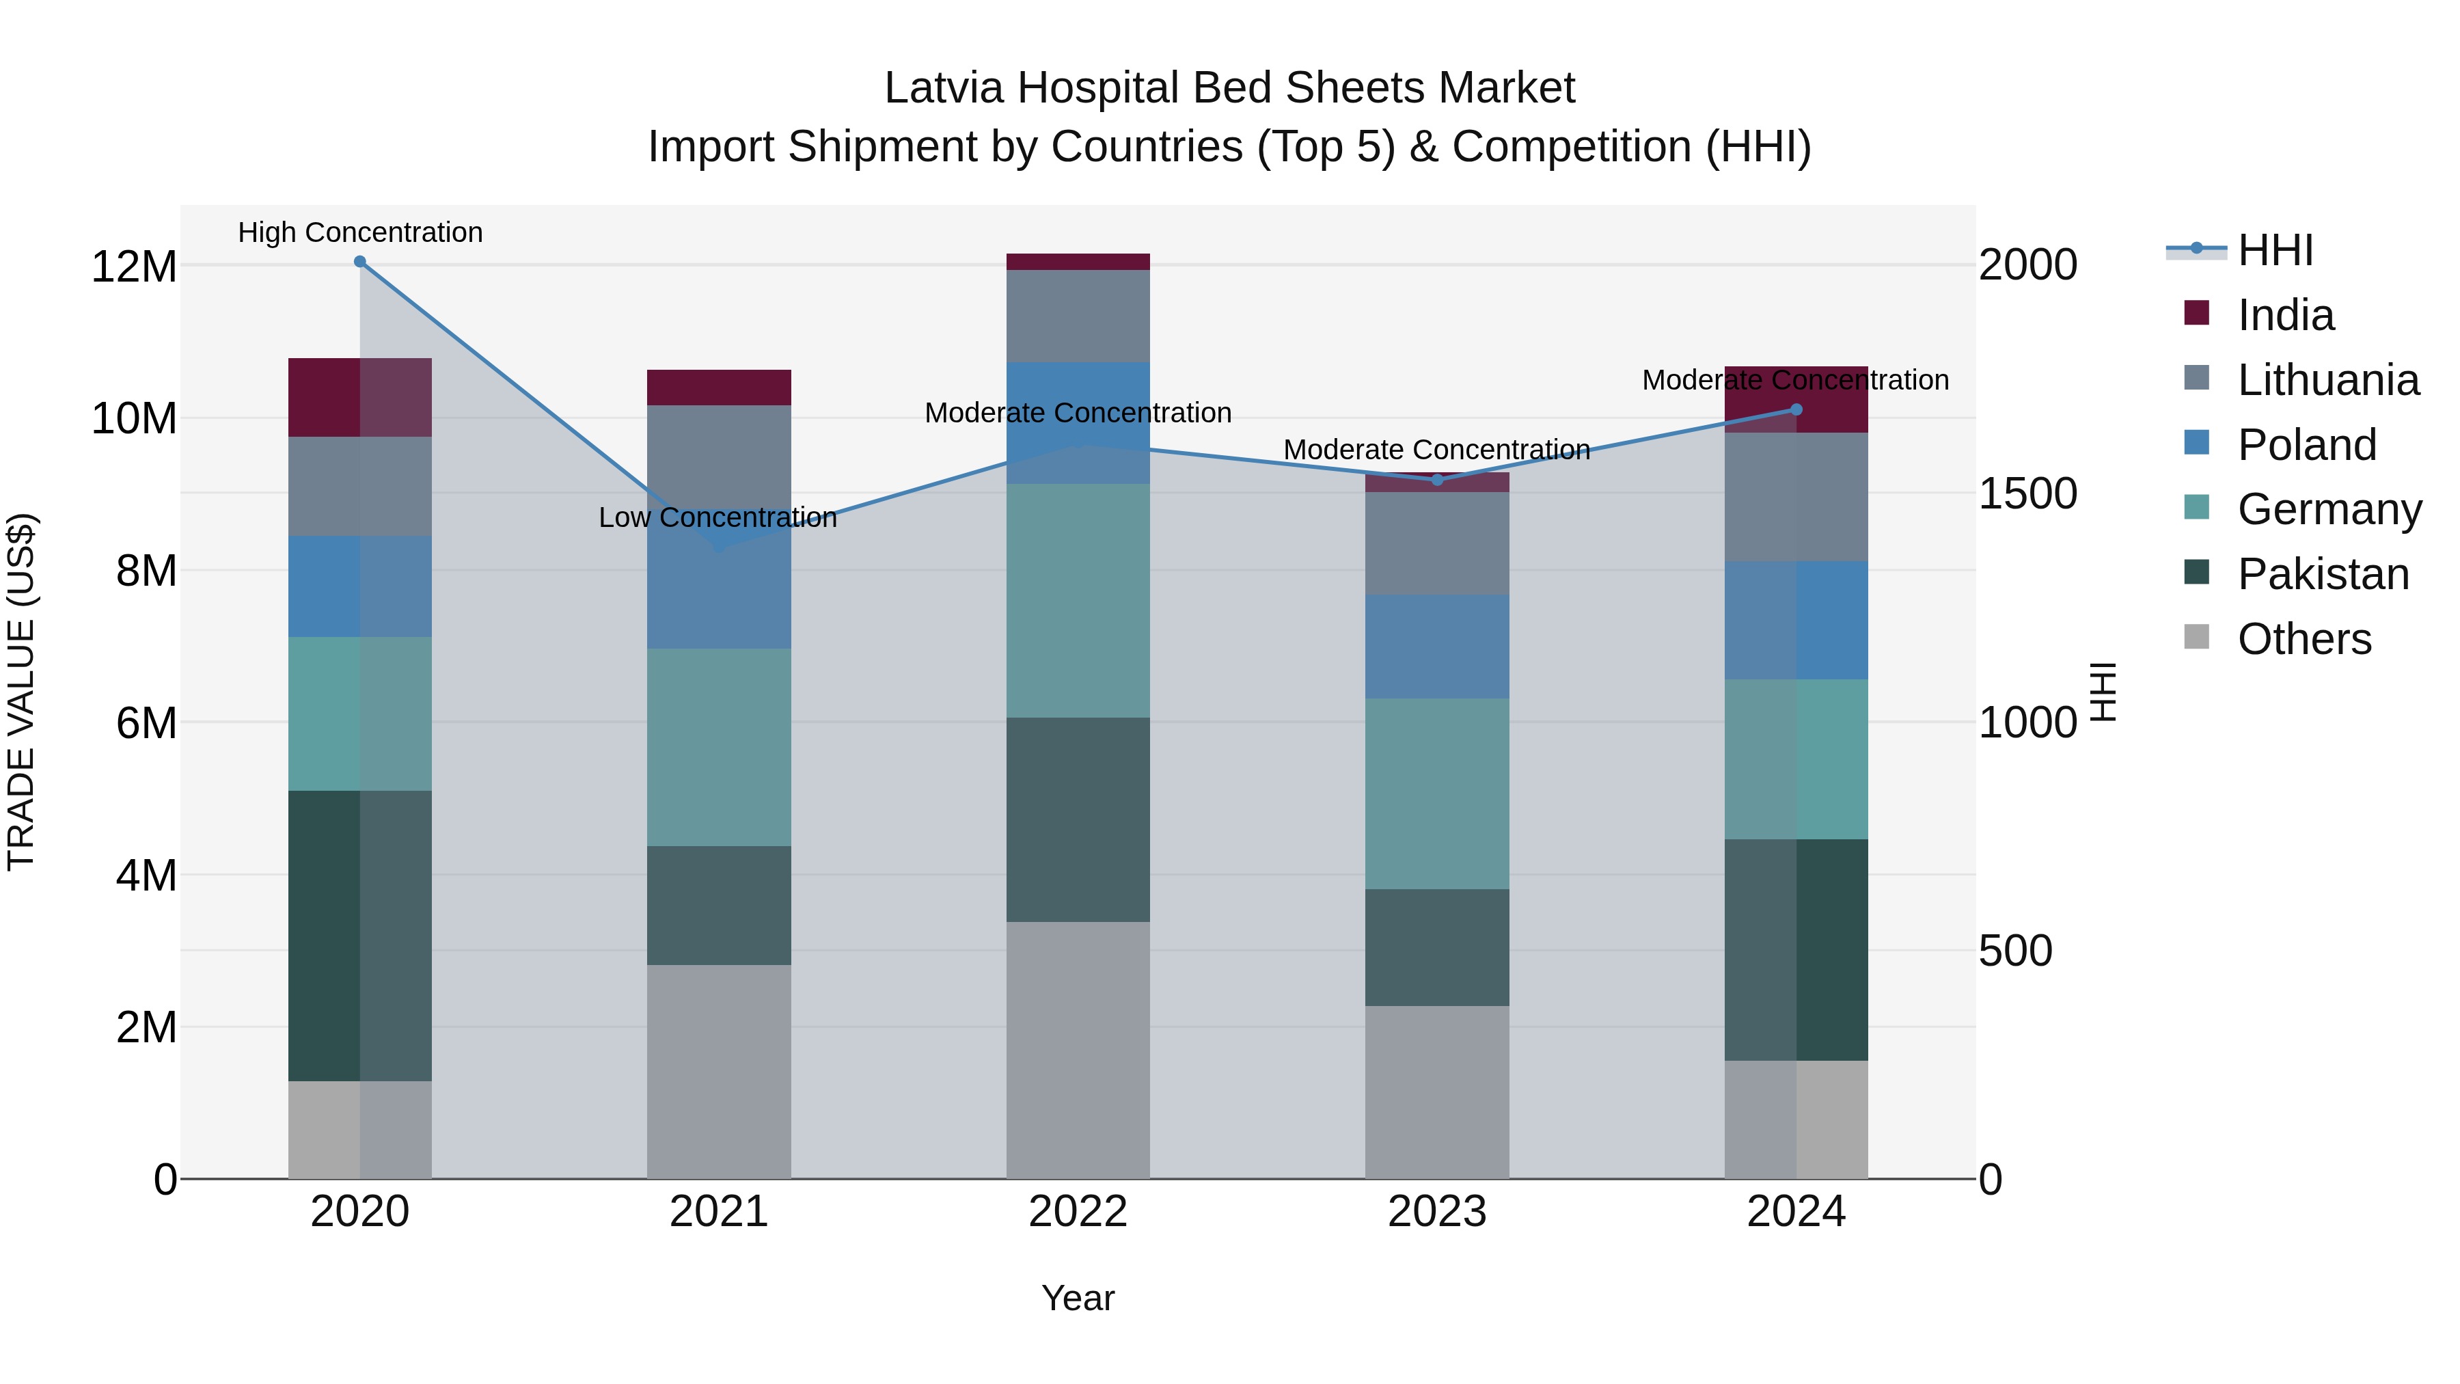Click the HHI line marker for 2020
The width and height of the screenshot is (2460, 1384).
(x=360, y=262)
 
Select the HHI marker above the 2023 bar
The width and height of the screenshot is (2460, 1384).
(x=1437, y=480)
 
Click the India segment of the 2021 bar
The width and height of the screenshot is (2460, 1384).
(x=719, y=388)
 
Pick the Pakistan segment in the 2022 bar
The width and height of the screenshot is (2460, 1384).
(x=1078, y=819)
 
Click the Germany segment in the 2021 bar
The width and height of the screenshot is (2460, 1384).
(x=719, y=747)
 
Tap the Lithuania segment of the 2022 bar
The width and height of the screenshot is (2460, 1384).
(x=1078, y=316)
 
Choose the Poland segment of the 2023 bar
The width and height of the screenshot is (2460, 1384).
(x=1437, y=647)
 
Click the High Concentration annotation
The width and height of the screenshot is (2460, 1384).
(x=360, y=232)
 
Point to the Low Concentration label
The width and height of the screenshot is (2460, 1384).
(x=717, y=517)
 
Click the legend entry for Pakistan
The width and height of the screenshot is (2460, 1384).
(x=2323, y=574)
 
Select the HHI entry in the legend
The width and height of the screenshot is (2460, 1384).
(x=2275, y=250)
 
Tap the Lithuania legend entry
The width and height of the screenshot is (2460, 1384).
(x=2327, y=380)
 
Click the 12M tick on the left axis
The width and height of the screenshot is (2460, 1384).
(x=134, y=267)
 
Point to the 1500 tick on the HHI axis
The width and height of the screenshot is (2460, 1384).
(x=2027, y=494)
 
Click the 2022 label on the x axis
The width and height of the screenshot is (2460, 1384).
(x=1078, y=1212)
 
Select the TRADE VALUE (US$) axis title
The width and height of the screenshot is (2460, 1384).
(x=21, y=692)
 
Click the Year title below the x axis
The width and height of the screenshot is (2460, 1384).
(x=1078, y=1298)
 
